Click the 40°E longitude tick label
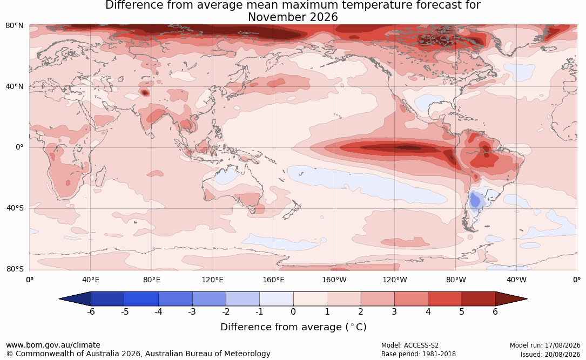click(90, 280)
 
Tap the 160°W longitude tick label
click(334, 280)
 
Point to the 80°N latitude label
click(14, 25)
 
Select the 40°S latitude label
click(15, 208)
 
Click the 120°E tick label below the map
click(212, 280)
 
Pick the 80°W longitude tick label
click(456, 280)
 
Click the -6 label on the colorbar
click(91, 311)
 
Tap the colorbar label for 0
click(293, 311)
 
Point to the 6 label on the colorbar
click(495, 311)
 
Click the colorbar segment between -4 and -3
click(176, 299)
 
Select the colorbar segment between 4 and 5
click(444, 299)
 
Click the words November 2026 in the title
click(293, 17)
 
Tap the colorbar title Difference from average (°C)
click(293, 327)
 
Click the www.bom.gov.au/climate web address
click(53, 345)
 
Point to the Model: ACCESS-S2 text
click(409, 345)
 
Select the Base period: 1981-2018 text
click(418, 354)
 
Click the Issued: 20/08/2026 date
click(550, 354)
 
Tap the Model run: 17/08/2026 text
click(545, 345)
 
